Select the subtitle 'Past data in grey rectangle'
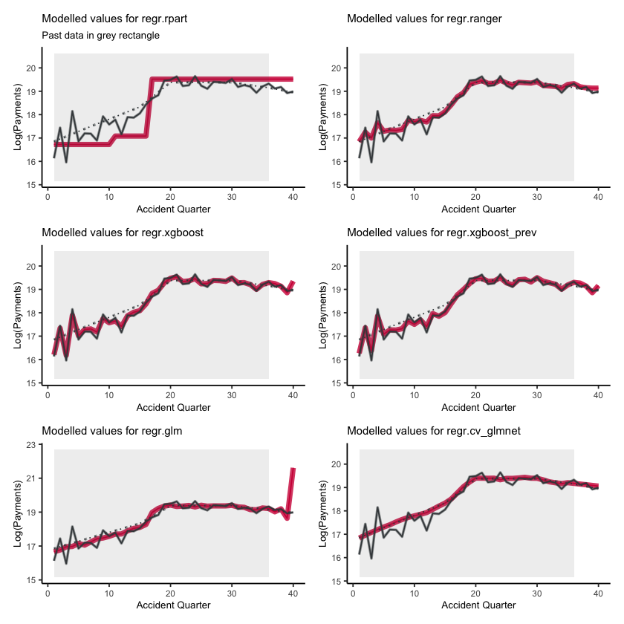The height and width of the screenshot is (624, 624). tap(100, 35)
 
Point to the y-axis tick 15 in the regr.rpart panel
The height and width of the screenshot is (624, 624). tap(31, 185)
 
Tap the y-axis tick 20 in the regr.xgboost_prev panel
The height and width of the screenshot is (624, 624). tap(337, 266)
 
